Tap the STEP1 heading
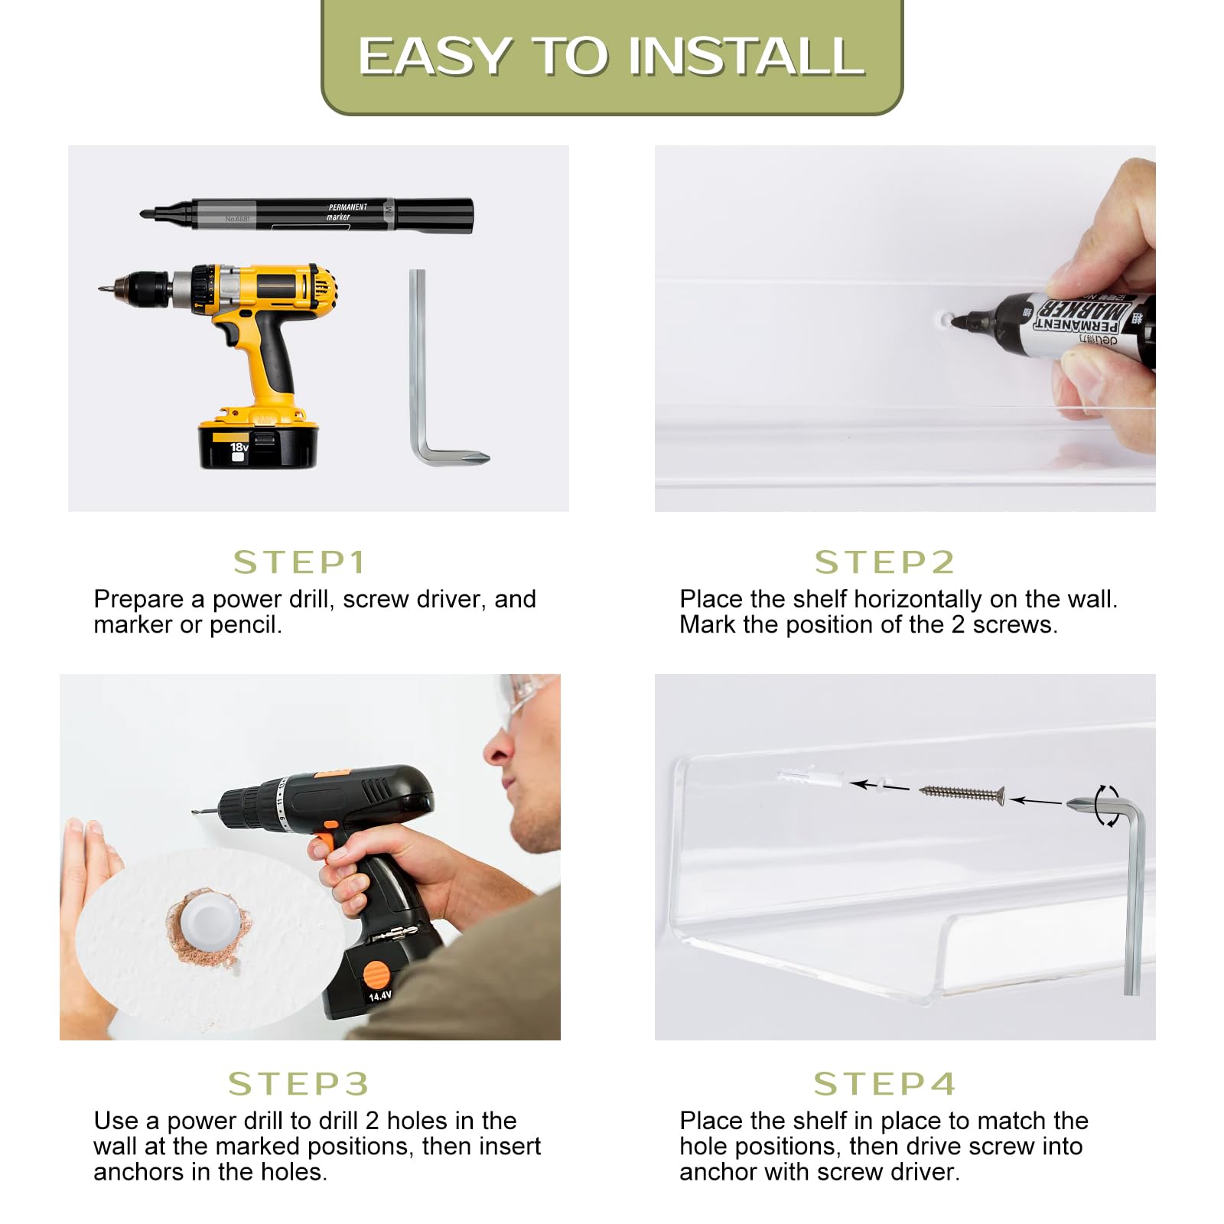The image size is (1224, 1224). (300, 562)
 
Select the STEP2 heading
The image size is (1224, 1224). (884, 562)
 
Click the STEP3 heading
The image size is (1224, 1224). (298, 1084)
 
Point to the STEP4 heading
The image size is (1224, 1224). (884, 1084)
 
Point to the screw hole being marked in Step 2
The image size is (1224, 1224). (946, 318)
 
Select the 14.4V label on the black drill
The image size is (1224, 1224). (380, 996)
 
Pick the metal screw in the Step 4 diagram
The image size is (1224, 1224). (962, 793)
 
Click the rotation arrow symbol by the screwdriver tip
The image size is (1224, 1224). (1107, 806)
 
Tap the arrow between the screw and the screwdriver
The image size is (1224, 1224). (1036, 801)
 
